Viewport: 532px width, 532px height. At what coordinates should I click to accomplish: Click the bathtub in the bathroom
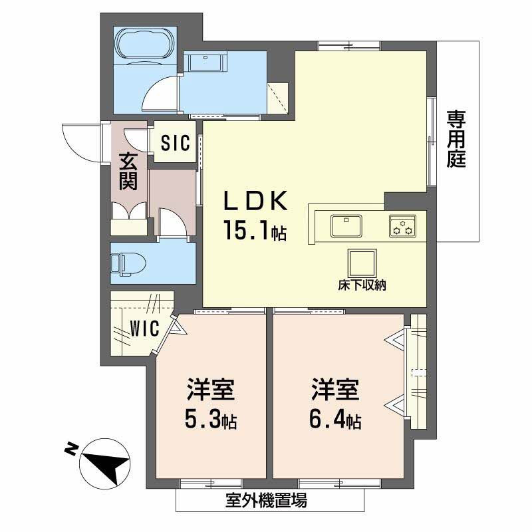146,46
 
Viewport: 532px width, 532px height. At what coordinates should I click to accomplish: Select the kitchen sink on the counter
345,224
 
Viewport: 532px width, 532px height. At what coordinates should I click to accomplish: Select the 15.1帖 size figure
254,231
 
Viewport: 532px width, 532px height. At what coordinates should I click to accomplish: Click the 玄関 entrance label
128,172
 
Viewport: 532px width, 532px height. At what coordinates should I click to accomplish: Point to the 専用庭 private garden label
456,139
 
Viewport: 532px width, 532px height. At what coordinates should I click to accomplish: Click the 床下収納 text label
362,286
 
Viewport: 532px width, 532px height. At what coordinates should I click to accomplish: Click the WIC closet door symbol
174,327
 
